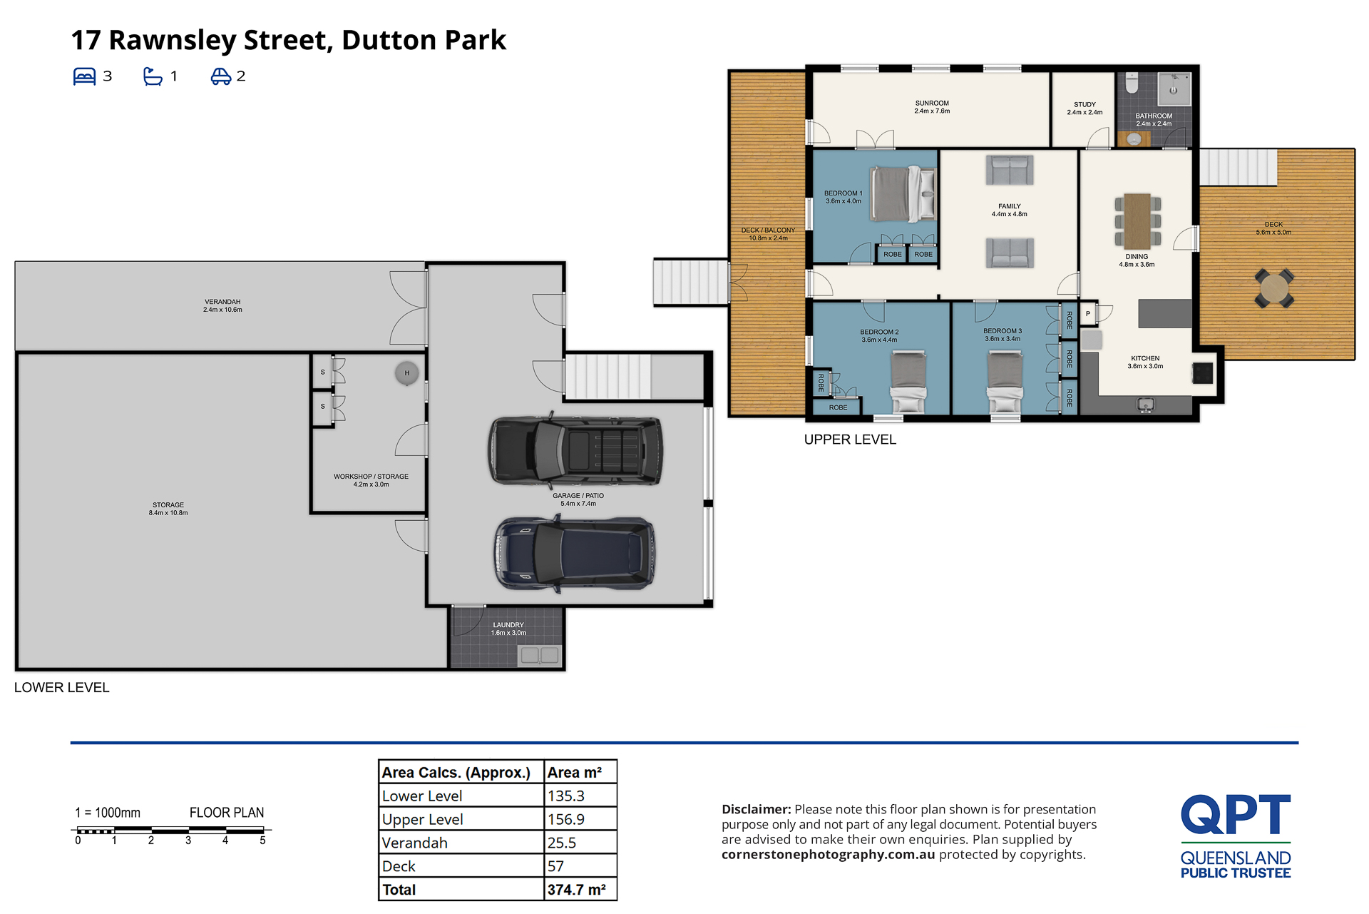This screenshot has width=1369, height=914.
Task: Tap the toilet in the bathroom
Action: click(x=1132, y=83)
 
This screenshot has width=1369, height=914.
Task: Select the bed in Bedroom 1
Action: click(x=903, y=193)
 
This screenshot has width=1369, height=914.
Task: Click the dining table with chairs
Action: click(x=1137, y=221)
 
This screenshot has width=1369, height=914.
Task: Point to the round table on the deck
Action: click(x=1274, y=288)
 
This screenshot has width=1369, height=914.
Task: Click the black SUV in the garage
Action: click(x=575, y=451)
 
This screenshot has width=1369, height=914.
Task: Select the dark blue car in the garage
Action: click(x=575, y=554)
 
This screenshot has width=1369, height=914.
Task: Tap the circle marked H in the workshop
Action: click(x=407, y=373)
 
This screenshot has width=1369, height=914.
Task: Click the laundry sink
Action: click(x=540, y=655)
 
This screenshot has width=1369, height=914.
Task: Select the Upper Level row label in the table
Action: click(x=422, y=819)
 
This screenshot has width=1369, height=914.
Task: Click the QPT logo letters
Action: click(x=1236, y=815)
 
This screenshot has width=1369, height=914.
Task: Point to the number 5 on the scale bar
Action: click(x=262, y=841)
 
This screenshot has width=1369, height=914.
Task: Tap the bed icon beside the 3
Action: click(x=84, y=76)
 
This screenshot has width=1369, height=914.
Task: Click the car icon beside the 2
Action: click(x=220, y=76)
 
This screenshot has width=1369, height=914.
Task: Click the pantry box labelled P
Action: click(x=1088, y=314)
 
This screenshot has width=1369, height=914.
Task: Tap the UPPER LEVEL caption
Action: click(x=850, y=440)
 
